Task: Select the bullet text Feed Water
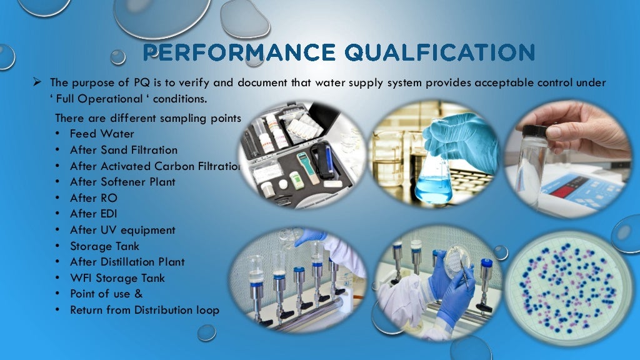[x=102, y=134]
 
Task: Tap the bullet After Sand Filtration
[x=124, y=150]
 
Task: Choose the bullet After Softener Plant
[x=122, y=182]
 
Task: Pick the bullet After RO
[x=94, y=198]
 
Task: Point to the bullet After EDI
[x=94, y=214]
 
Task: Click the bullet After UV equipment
[x=122, y=230]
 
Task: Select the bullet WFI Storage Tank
[x=117, y=278]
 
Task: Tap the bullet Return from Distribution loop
[x=144, y=310]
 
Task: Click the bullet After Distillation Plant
[x=127, y=262]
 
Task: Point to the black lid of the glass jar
[x=535, y=132]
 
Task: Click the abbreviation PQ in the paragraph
[x=140, y=82]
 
